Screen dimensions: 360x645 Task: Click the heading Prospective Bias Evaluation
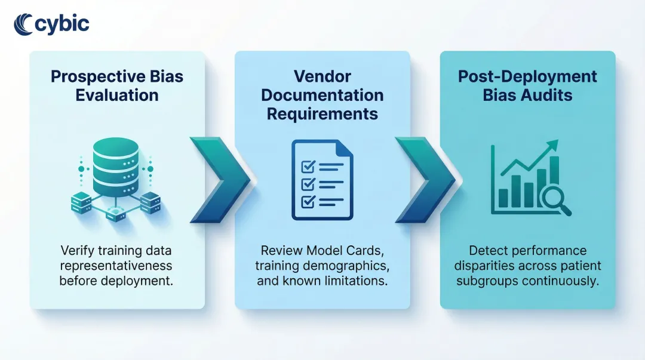(117, 86)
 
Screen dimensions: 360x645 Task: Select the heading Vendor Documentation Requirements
(322, 95)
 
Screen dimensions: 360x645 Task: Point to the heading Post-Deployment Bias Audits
(527, 86)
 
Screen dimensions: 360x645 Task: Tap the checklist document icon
(322, 180)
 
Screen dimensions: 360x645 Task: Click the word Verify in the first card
(76, 250)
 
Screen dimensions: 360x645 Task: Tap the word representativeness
(116, 265)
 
